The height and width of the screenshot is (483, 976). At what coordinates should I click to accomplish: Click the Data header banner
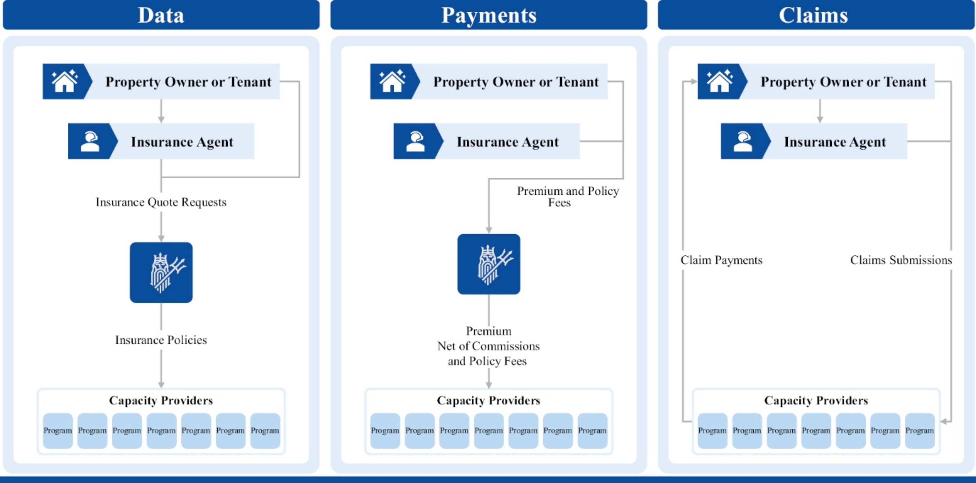161,15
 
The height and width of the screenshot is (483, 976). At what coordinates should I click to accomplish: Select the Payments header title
489,16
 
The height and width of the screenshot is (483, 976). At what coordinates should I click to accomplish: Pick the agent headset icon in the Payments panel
415,141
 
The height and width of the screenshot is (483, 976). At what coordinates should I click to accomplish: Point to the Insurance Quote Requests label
161,202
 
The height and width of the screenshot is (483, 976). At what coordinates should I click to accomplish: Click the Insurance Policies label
161,340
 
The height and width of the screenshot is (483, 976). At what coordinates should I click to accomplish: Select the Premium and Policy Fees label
568,197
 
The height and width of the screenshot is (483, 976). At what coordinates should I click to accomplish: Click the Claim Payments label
721,260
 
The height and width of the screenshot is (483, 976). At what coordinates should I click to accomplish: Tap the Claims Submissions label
901,260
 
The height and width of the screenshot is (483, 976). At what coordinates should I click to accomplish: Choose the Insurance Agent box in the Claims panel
814,141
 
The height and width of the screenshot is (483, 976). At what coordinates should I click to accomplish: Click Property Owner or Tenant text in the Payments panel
516,82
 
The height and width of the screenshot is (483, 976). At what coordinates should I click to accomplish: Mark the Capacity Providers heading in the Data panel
161,401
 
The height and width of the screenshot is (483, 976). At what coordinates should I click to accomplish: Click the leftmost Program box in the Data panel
57,431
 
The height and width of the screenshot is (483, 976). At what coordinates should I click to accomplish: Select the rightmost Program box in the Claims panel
919,431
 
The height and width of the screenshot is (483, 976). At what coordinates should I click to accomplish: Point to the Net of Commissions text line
488,346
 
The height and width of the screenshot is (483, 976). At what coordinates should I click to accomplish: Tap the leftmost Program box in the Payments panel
385,431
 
